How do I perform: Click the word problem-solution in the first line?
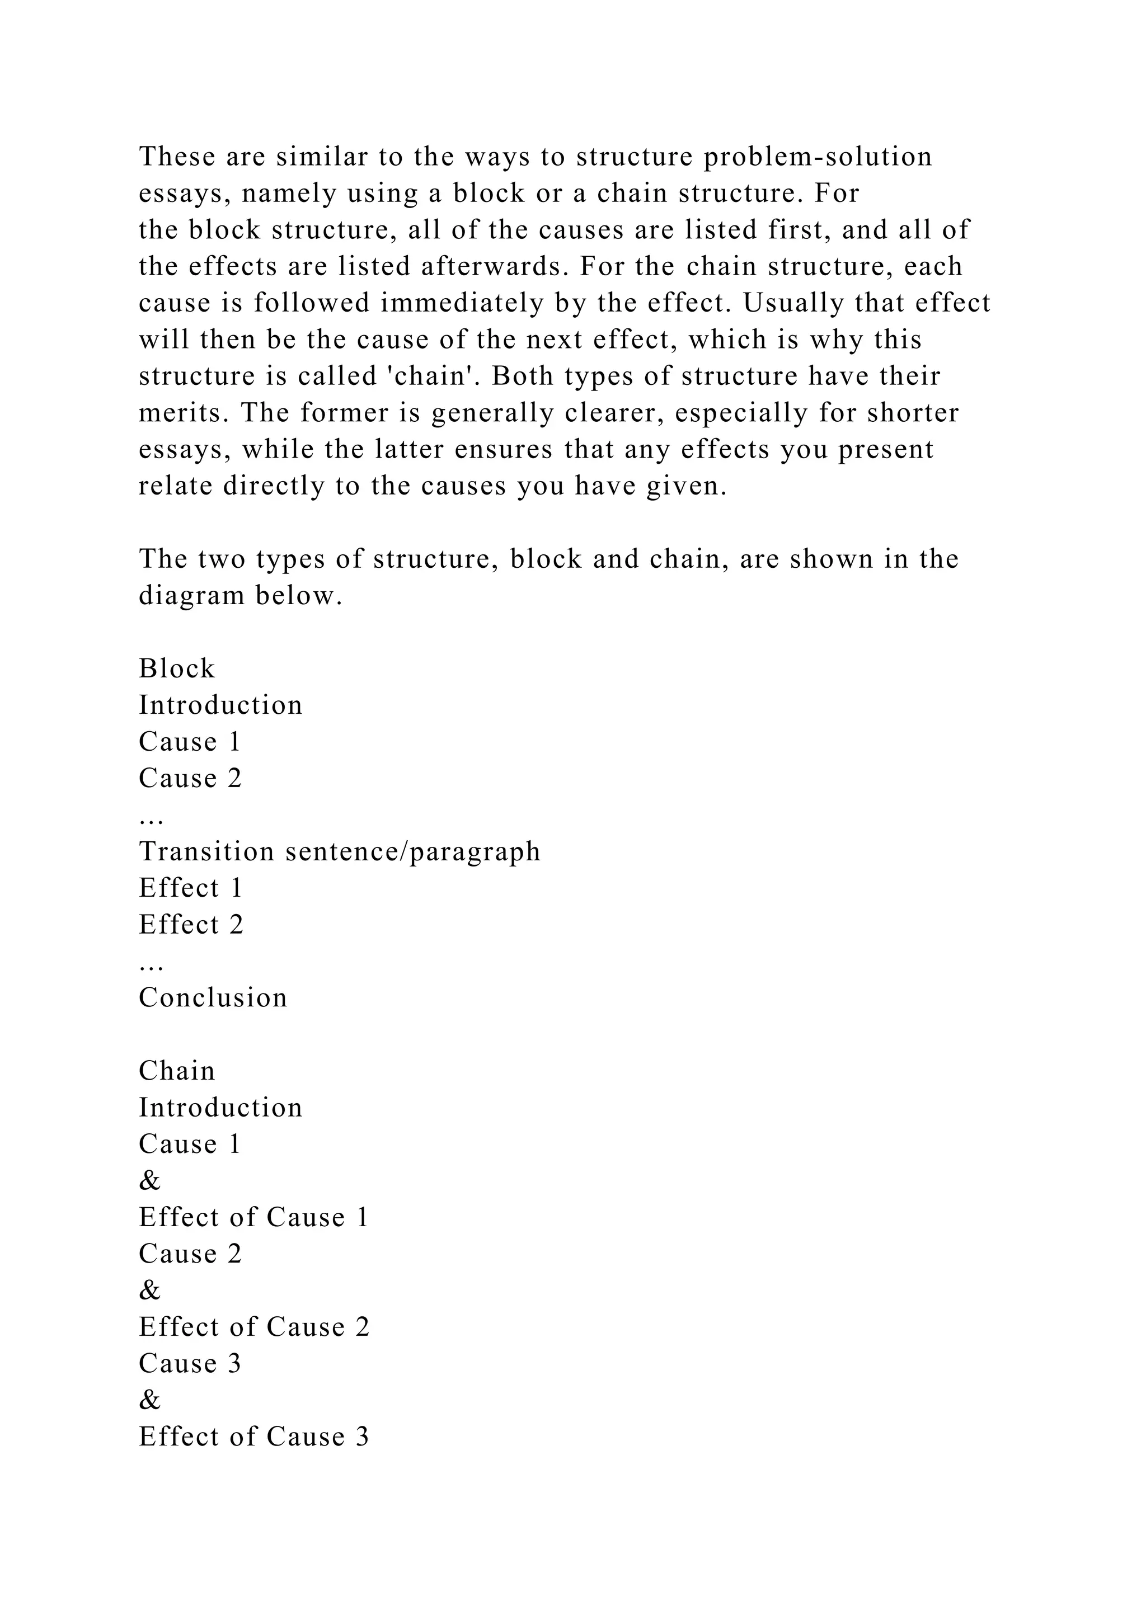[x=818, y=157]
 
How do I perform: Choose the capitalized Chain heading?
[x=176, y=1071]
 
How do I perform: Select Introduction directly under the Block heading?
[x=220, y=705]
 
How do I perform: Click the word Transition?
[x=206, y=851]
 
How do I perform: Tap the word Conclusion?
[x=213, y=998]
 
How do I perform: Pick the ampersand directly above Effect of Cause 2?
[x=149, y=1291]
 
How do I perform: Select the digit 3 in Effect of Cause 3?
[x=362, y=1437]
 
